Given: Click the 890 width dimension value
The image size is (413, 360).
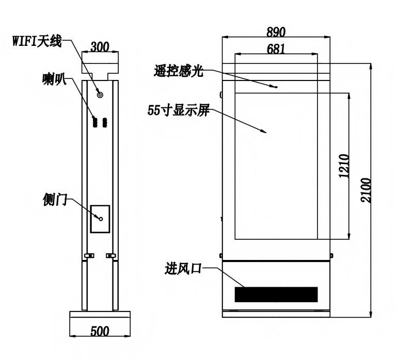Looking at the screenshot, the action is (x=276, y=32).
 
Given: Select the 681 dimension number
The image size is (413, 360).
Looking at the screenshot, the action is (x=276, y=49).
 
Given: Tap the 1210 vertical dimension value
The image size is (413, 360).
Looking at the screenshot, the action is (x=344, y=166).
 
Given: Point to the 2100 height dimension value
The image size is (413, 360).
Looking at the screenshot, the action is (x=366, y=190).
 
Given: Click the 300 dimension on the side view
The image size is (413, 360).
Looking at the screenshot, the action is (x=100, y=47).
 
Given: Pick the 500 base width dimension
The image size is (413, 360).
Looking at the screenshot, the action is (x=100, y=331).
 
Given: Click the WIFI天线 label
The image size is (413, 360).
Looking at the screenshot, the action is (x=37, y=41).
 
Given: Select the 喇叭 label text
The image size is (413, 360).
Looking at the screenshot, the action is (x=54, y=79).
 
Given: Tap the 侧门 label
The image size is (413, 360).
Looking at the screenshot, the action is (x=55, y=200).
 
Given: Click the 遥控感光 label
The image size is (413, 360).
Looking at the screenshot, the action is (x=179, y=71).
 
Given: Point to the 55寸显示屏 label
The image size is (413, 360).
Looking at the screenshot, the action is (x=179, y=110).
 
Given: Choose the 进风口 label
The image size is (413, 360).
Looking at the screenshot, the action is (x=183, y=269).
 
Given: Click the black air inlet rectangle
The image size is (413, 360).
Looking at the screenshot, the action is (x=276, y=294).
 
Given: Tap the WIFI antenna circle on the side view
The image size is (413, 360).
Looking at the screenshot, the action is (x=100, y=95).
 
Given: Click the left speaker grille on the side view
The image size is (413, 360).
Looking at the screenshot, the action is (x=95, y=122).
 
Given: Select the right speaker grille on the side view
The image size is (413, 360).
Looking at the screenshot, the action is (x=105, y=122).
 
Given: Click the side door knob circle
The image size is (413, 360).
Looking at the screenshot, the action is (x=101, y=219).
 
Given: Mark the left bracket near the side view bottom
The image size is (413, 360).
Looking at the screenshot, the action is (x=89, y=255).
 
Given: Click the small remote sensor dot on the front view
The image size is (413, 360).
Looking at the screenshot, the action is (x=276, y=87).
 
